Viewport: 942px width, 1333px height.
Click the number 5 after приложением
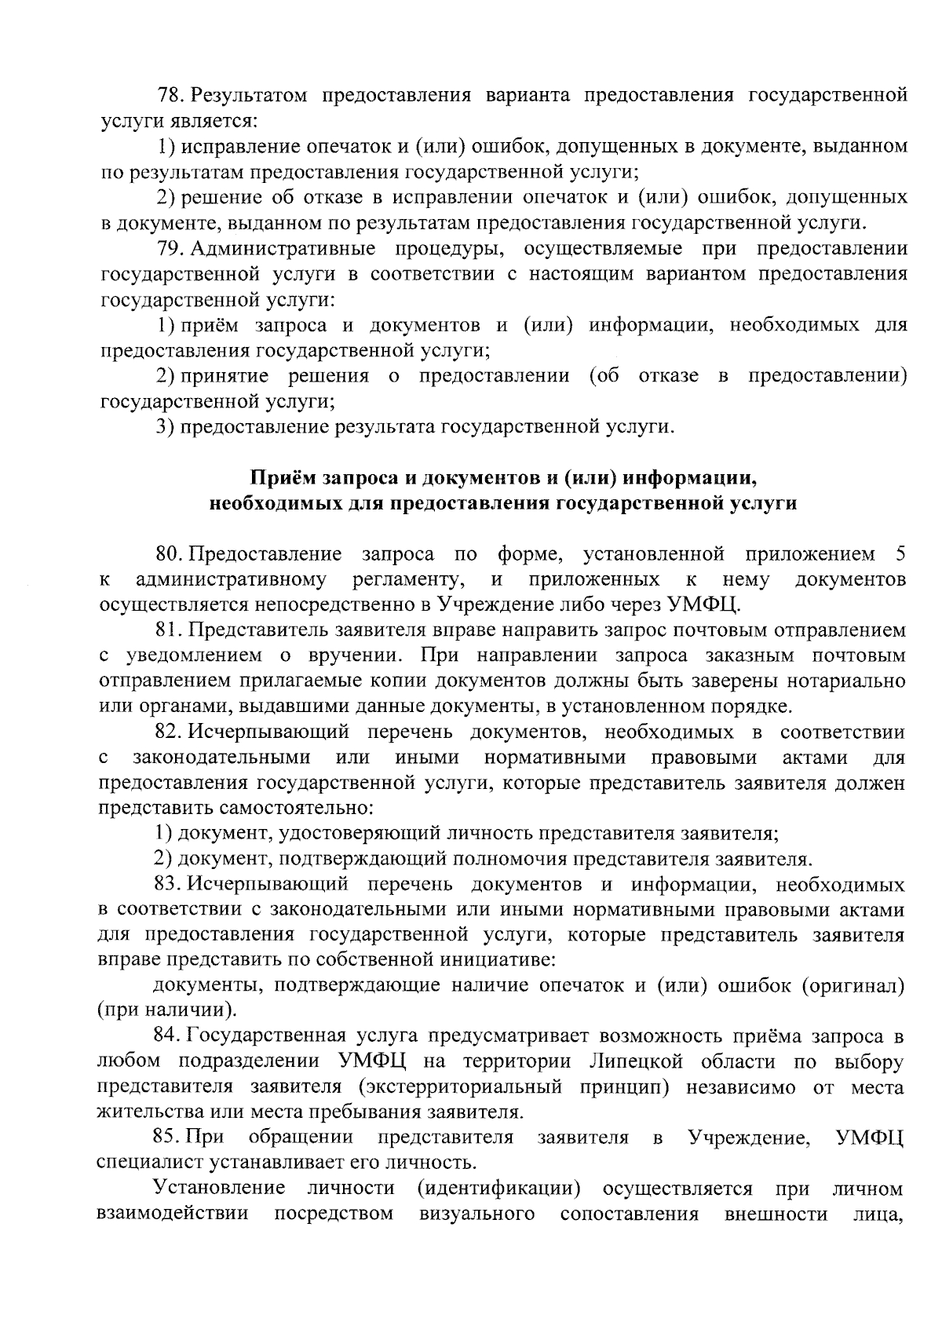(x=900, y=555)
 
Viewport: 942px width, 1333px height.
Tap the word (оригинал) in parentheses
(x=853, y=986)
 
